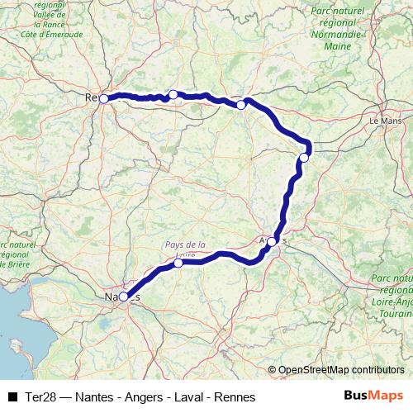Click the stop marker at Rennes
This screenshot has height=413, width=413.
tap(103, 99)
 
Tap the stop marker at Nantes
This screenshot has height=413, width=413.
tap(123, 297)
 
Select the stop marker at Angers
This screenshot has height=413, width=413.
tap(273, 242)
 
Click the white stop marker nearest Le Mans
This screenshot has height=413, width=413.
tap(305, 157)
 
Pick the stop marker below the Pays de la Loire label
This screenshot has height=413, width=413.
tap(178, 263)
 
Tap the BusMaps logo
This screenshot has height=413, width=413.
tap(373, 396)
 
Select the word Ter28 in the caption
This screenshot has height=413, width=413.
tap(41, 396)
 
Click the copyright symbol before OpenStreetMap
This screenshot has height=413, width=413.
tap(272, 370)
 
